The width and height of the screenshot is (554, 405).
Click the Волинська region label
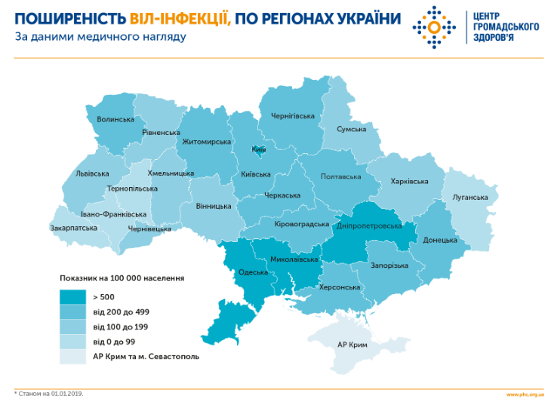coord(115,119)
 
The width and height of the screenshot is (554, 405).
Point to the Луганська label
coord(470,198)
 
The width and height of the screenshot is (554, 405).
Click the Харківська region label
coord(409,181)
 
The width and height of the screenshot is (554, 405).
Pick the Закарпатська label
coord(73,227)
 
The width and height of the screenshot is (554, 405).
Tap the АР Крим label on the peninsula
coord(352,344)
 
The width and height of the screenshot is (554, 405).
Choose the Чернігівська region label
coord(292,115)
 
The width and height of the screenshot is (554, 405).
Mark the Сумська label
coord(351,129)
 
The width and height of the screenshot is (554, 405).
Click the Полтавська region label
coord(340,176)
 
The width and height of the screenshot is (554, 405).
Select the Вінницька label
coord(214,206)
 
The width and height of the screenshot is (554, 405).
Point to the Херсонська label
coord(340,287)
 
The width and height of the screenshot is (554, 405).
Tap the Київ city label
coord(259,149)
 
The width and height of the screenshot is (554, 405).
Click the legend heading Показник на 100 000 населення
coord(122,278)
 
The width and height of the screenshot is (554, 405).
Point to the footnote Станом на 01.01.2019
coord(48,393)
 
